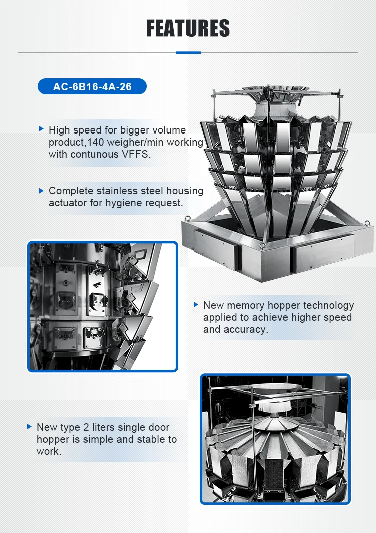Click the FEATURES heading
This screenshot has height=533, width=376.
click(x=188, y=28)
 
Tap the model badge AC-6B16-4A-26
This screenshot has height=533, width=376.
click(x=92, y=87)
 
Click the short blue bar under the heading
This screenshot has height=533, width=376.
click(x=188, y=53)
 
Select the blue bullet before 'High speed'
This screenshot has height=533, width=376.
click(x=41, y=129)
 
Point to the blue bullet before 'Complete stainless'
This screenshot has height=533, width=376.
click(x=41, y=191)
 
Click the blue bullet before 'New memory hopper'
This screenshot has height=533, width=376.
click(x=196, y=304)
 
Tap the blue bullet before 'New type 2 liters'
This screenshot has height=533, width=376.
click(x=29, y=426)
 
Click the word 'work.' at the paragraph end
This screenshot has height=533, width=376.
click(x=49, y=451)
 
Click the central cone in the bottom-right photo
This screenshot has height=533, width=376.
click(x=274, y=422)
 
